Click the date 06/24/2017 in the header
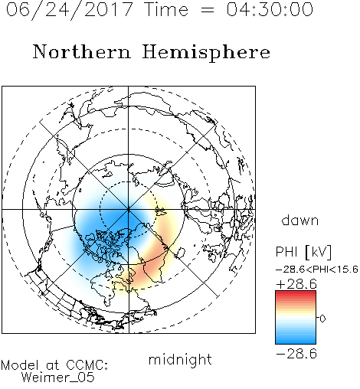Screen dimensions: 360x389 pyautogui.click(x=70, y=10)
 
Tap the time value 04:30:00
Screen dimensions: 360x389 pyautogui.click(x=270, y=10)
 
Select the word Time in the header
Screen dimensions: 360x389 pyautogui.click(x=166, y=10)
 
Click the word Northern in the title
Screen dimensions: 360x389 pyautogui.click(x=82, y=51)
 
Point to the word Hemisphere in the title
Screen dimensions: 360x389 pyautogui.click(x=206, y=53)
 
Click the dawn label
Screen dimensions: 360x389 pyautogui.click(x=300, y=221)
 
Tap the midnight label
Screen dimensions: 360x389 pyautogui.click(x=180, y=359)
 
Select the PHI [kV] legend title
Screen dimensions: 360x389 pyautogui.click(x=303, y=252)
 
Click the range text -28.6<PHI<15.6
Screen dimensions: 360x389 pyautogui.click(x=317, y=270)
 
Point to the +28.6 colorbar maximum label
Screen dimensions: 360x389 pyautogui.click(x=296, y=284)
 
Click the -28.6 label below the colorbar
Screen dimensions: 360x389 pyautogui.click(x=296, y=354)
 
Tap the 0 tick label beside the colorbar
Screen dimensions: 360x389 pyautogui.click(x=322, y=319)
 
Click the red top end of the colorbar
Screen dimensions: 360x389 pyautogui.click(x=296, y=293)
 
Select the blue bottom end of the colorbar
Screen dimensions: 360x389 pyautogui.click(x=296, y=342)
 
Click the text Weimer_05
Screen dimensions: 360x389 pyautogui.click(x=58, y=378)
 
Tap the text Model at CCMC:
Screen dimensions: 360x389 pyautogui.click(x=54, y=365)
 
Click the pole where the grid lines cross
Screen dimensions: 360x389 pyautogui.click(x=129, y=210)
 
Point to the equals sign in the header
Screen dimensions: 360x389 pyautogui.click(x=208, y=10)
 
